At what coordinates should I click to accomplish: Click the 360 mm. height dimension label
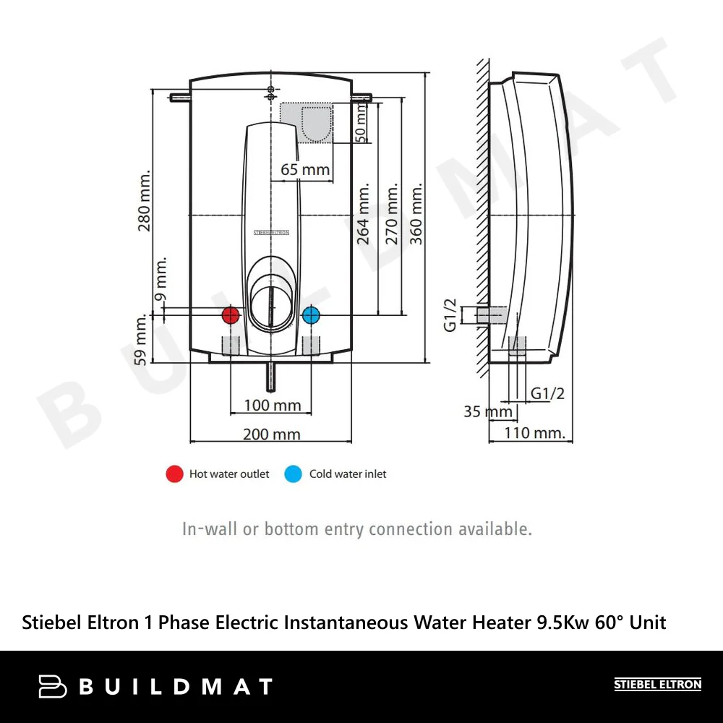point(416,214)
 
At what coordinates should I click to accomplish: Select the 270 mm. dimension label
point(392,214)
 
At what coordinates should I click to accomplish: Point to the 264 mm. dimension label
point(364,213)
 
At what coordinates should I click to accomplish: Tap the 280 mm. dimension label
point(145,201)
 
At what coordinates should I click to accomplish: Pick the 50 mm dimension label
point(361,122)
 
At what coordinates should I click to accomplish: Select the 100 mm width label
point(272,405)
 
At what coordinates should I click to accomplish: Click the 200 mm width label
point(271,434)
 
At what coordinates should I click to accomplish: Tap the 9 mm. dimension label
point(161,278)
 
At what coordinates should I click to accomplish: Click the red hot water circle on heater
point(231,315)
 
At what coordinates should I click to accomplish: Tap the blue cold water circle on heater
point(311,315)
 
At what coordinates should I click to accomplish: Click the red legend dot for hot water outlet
point(174,474)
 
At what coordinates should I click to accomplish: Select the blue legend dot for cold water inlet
point(293,474)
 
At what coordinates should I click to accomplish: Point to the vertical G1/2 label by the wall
point(450,316)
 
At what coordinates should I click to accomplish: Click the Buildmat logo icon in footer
point(53,686)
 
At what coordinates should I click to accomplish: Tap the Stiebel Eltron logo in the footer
point(657,685)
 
